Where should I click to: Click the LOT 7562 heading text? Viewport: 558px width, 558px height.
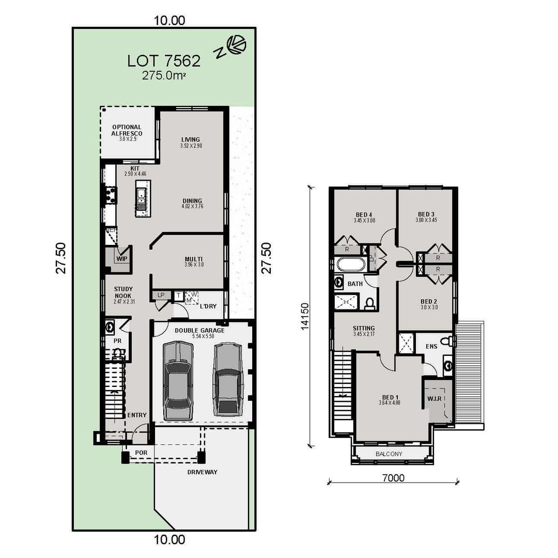pos(164,61)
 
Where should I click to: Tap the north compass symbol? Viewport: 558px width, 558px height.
pos(237,45)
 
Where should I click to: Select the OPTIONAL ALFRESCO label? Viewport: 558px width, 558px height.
pos(127,130)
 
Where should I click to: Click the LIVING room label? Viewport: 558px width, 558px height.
pos(190,139)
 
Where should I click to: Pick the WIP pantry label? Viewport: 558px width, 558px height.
pos(122,259)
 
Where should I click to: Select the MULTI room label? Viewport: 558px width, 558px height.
pos(194,259)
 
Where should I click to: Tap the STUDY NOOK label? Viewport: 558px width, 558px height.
pos(123,292)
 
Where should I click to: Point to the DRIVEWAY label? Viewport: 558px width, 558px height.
pos(202,472)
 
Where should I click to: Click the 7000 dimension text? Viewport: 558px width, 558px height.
pos(393,478)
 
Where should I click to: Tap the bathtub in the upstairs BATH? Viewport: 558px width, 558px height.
pos(351,265)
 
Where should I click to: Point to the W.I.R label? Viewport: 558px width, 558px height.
pos(433,399)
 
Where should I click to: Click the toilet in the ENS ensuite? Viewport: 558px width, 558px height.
pos(451,341)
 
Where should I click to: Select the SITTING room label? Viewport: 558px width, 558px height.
pos(364,329)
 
